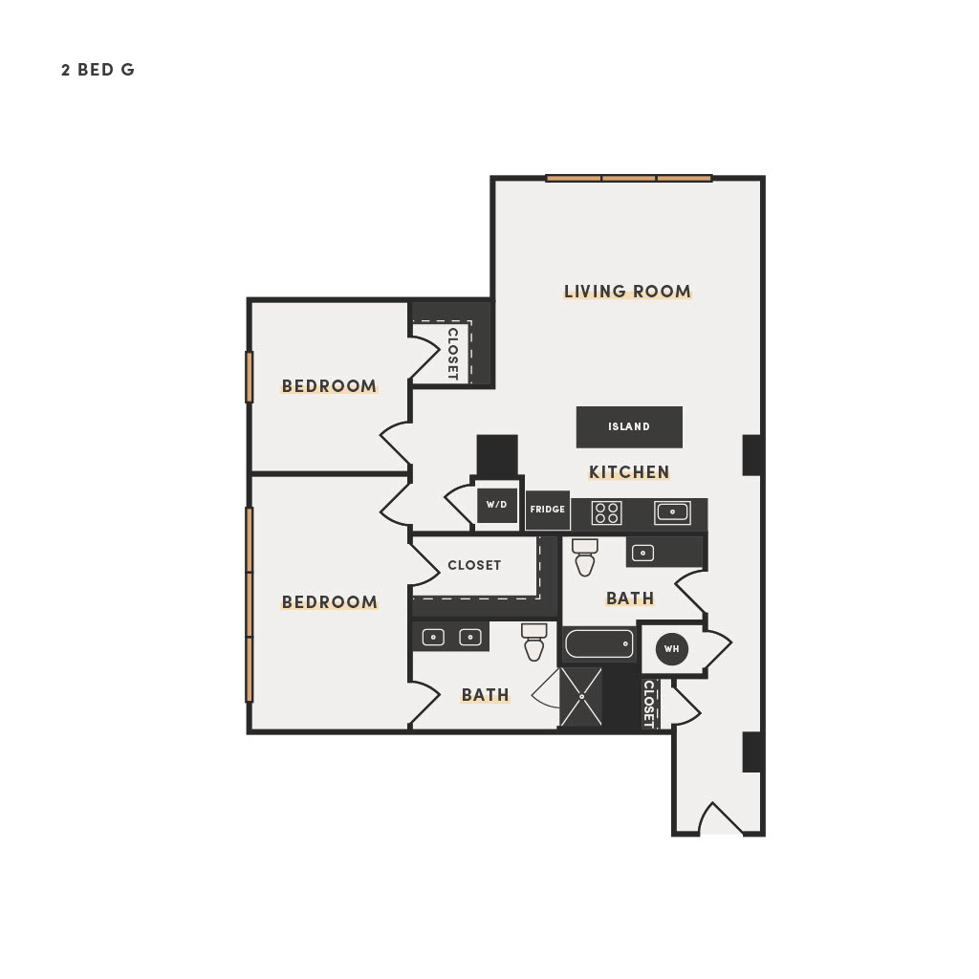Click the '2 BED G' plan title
tap(98, 70)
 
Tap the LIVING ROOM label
tap(627, 292)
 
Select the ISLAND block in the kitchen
tap(629, 427)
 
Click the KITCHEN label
tap(629, 472)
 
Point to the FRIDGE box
tap(548, 511)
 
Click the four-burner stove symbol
tap(606, 513)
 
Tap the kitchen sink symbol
tap(672, 512)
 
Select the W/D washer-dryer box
tap(497, 505)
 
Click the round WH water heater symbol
tap(672, 649)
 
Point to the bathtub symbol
tap(598, 643)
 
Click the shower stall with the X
tap(580, 697)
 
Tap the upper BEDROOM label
tap(329, 386)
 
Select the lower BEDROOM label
tap(329, 602)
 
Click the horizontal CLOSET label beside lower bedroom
tap(474, 565)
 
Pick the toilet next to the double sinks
tap(533, 642)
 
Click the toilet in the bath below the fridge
tap(585, 557)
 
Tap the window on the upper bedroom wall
tap(250, 377)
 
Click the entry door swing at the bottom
tap(721, 818)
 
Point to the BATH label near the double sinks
tap(485, 695)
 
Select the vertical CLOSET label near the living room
tap(452, 354)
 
